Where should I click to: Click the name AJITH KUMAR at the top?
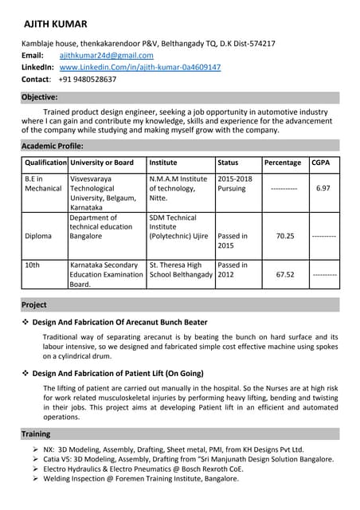(x=56, y=24)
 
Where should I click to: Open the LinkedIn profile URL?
(x=140, y=68)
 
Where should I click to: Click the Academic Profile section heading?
(x=52, y=146)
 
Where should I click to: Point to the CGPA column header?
(x=321, y=163)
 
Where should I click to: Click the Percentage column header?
(x=283, y=163)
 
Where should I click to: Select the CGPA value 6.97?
(x=323, y=189)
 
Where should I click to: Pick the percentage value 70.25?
(x=284, y=237)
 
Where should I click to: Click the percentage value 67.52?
(x=284, y=275)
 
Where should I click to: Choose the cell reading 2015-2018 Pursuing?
(x=236, y=184)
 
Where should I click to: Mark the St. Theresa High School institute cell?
(x=181, y=270)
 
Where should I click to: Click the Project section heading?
(x=34, y=304)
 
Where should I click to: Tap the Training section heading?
(x=36, y=434)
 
